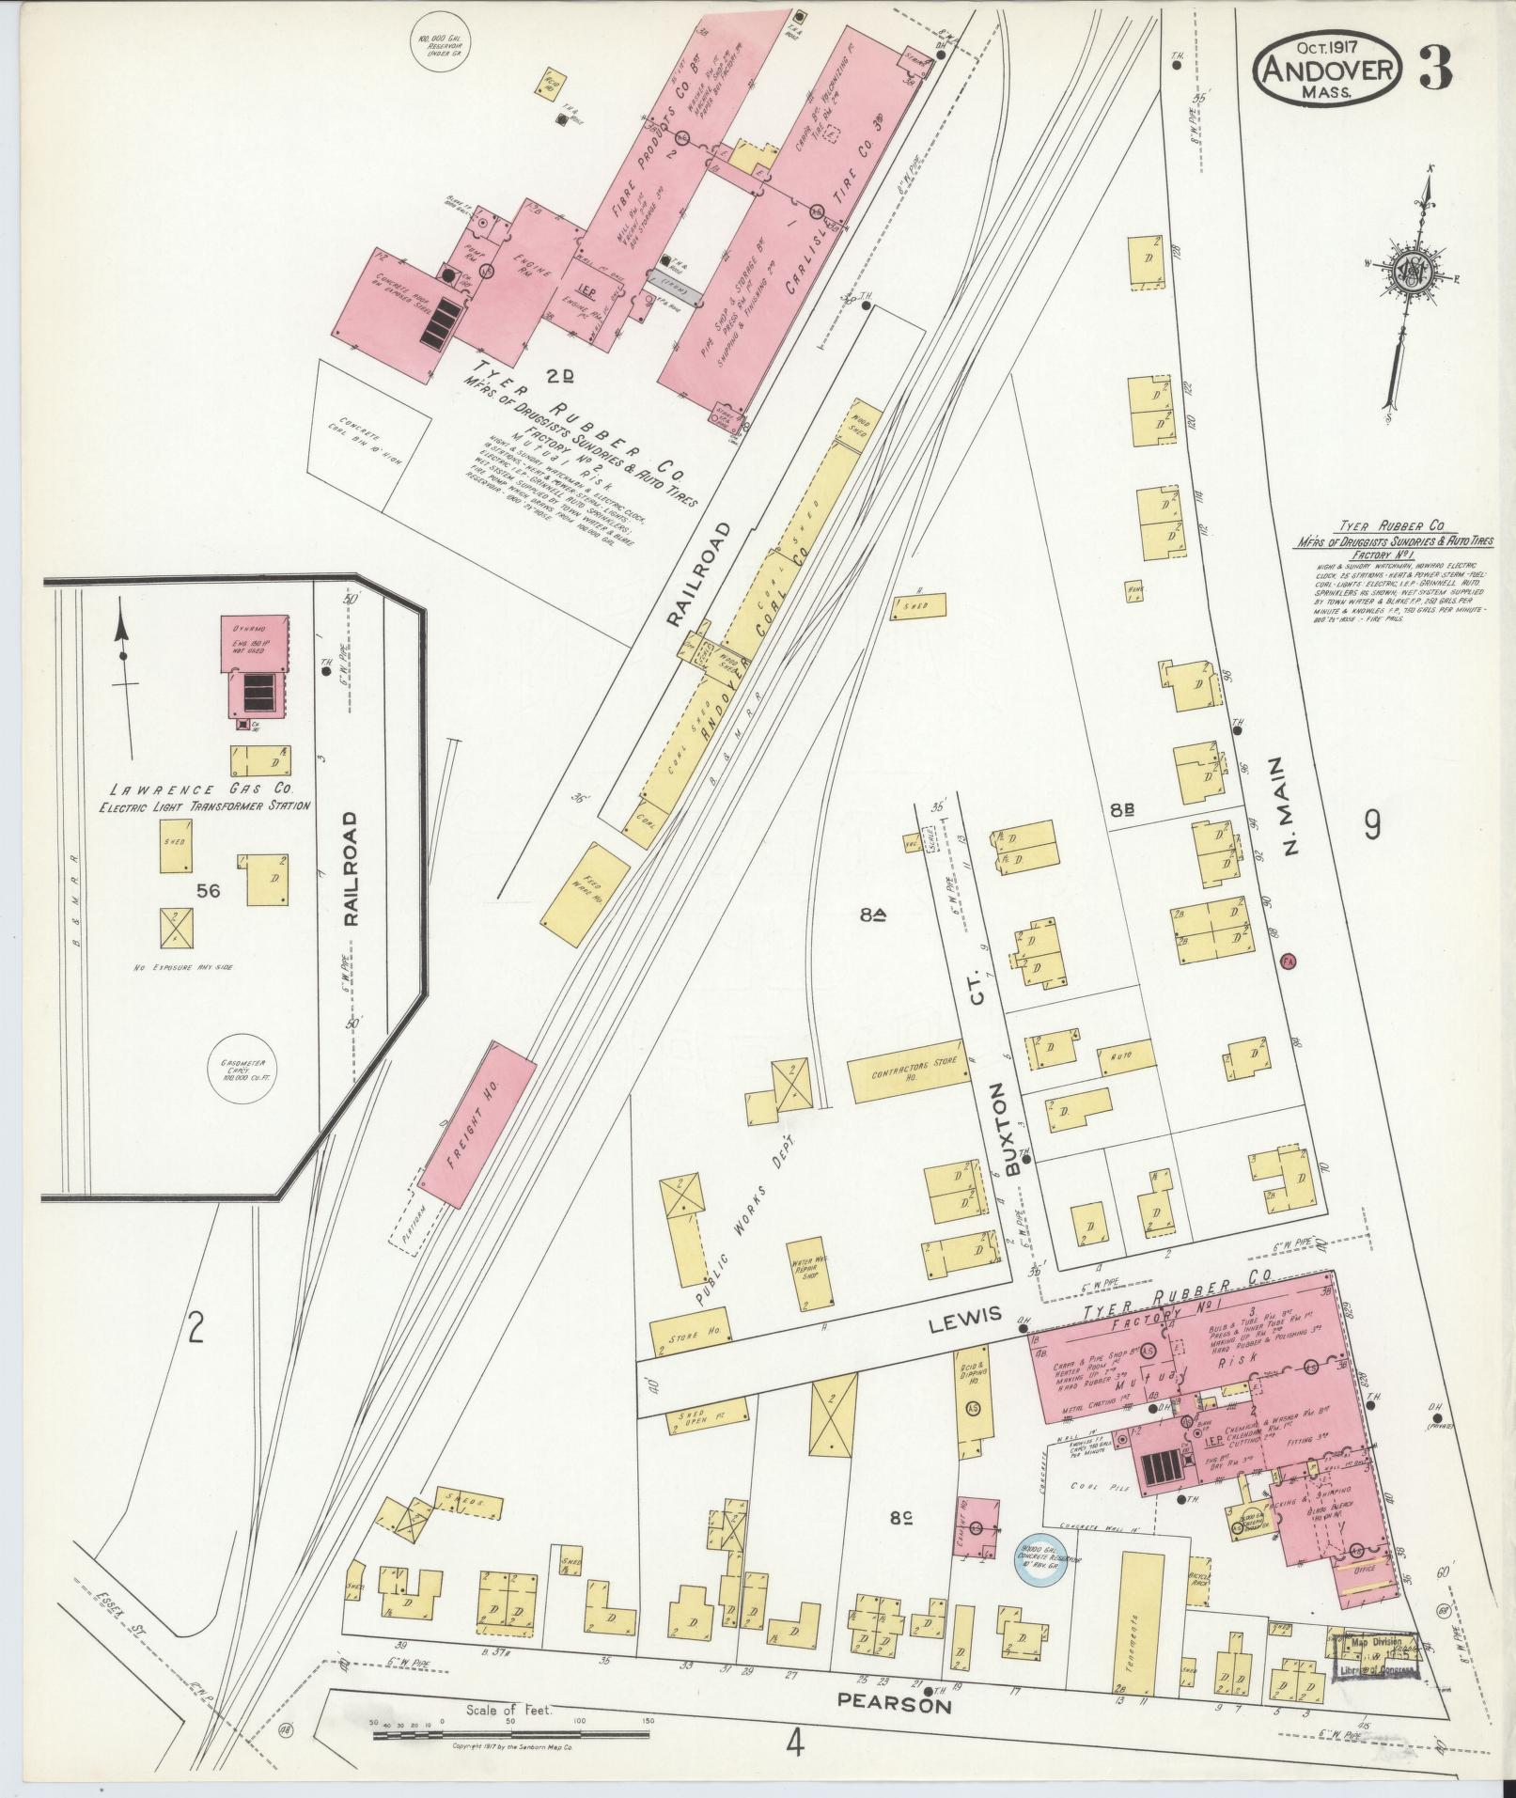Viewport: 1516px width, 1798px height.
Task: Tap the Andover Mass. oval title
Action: tap(1329, 68)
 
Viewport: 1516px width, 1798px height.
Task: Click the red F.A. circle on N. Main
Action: tap(1289, 962)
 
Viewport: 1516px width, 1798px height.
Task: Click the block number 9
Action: tap(1373, 825)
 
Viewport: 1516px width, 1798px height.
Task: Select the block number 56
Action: tap(208, 890)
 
